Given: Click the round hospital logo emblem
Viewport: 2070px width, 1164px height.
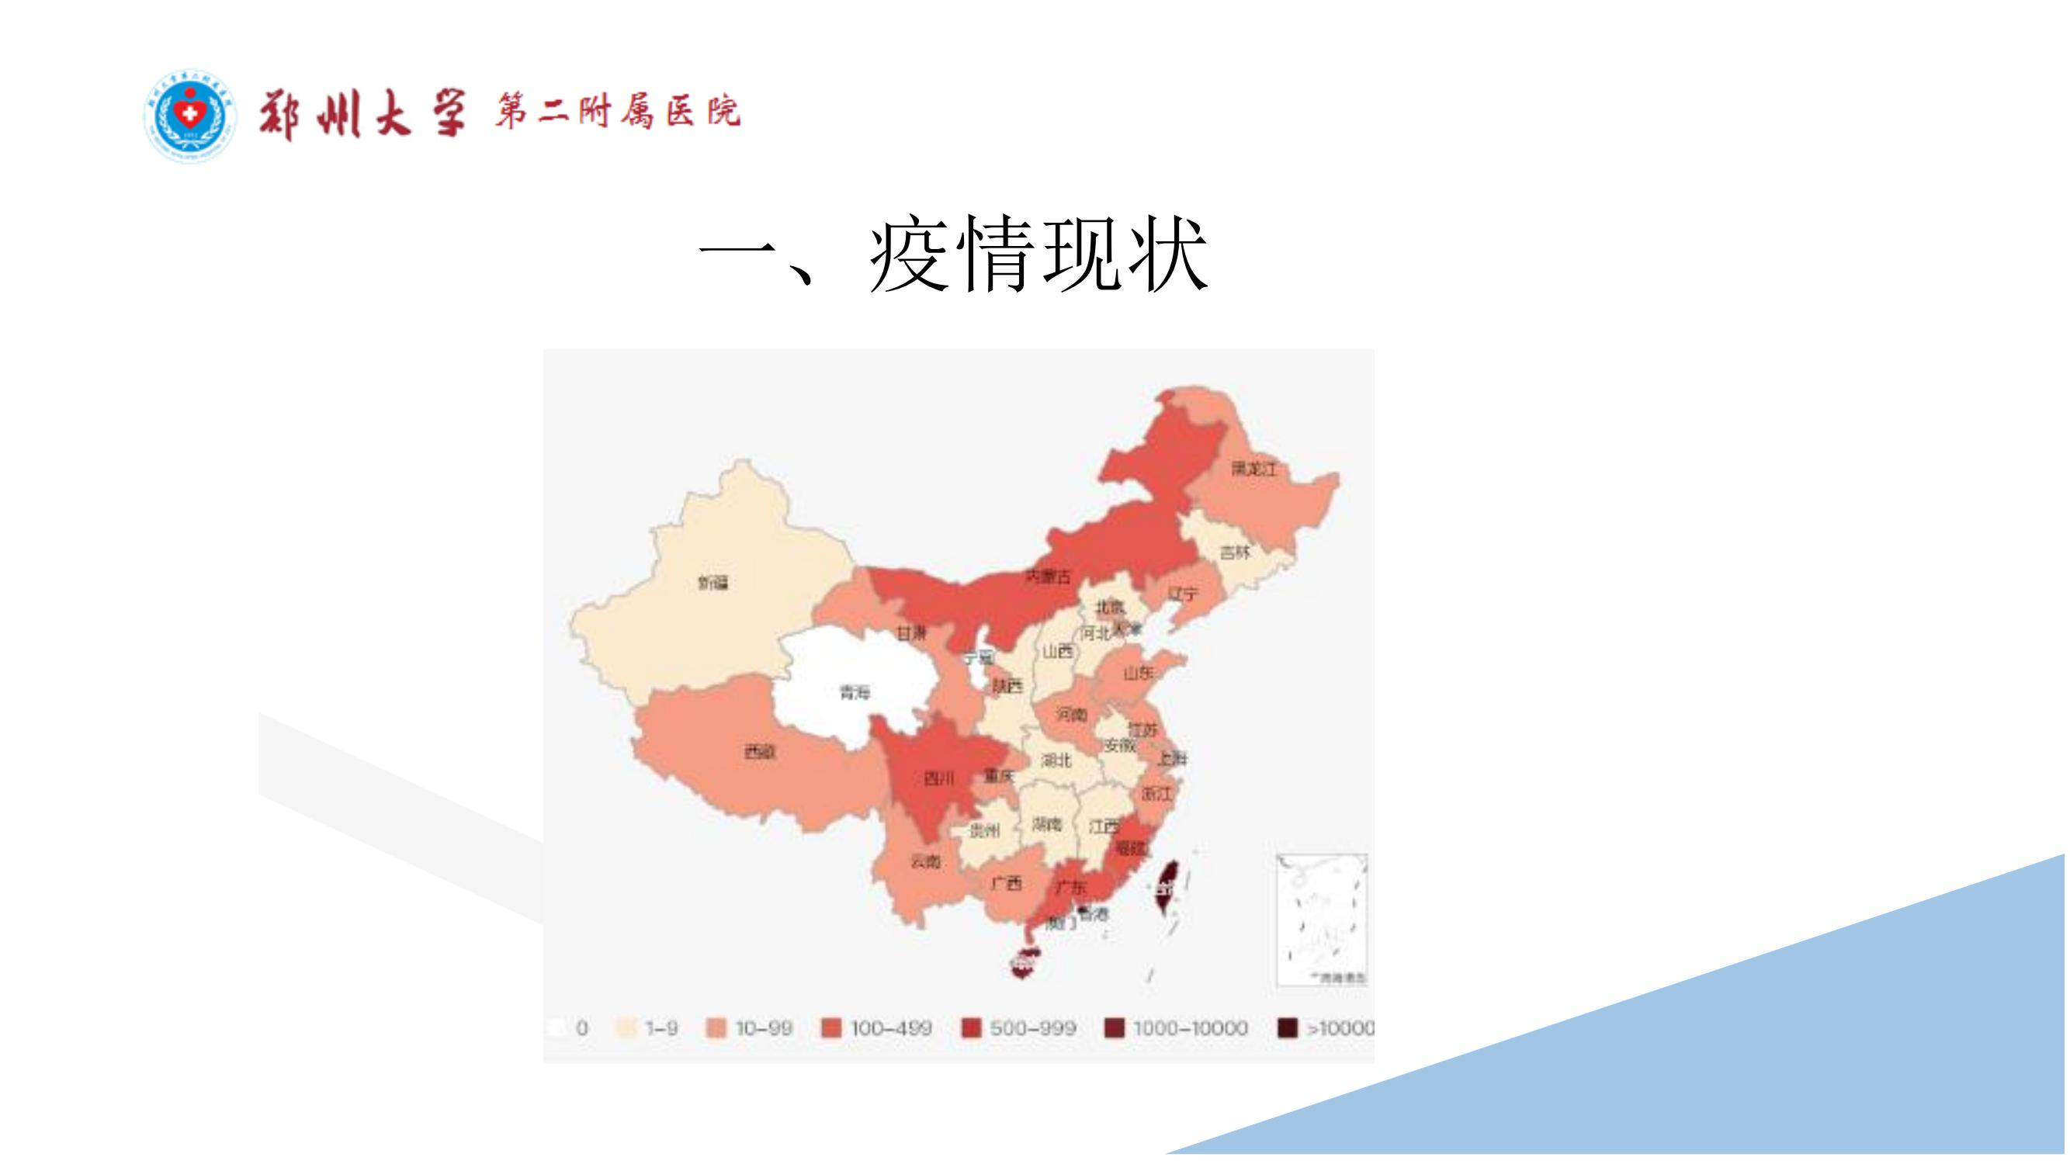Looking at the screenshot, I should point(190,116).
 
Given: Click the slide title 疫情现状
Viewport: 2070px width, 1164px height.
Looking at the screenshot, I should point(953,255).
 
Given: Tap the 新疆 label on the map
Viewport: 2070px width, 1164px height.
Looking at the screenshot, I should point(713,583).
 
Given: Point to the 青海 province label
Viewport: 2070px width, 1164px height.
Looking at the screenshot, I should point(855,691).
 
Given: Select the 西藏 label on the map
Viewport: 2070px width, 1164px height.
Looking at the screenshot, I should point(759,753).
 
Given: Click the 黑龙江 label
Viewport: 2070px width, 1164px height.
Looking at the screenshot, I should point(1253,469).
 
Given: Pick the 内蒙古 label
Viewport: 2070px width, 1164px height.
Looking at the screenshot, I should point(1048,576).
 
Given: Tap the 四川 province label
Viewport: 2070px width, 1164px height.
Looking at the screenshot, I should point(938,778).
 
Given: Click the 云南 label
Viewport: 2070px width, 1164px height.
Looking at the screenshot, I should point(926,862).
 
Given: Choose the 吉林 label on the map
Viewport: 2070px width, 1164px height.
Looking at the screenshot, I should point(1235,553).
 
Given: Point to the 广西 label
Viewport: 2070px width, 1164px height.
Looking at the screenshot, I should point(1005,884).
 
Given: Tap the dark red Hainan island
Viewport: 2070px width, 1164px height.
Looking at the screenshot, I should point(1023,961).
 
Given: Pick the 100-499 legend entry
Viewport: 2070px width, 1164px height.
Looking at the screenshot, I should point(878,1028).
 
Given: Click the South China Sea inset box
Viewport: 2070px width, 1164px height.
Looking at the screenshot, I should point(1322,920).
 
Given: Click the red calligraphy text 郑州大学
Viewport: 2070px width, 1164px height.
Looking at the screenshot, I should point(362,116).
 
